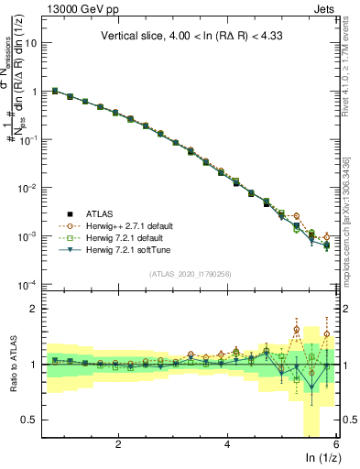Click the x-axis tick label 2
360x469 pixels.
(x=118, y=445)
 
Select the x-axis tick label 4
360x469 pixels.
(x=227, y=445)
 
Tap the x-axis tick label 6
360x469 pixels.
(x=335, y=445)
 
